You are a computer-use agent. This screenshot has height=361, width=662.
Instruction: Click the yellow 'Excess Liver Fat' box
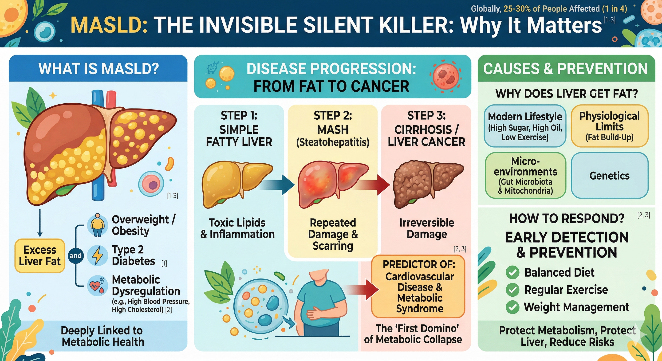(x=40, y=255)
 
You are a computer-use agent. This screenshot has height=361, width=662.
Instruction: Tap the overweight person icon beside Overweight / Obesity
(x=97, y=225)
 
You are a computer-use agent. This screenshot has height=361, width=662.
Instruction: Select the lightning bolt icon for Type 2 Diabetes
(x=97, y=255)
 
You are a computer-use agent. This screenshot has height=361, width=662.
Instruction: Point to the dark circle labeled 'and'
(x=75, y=256)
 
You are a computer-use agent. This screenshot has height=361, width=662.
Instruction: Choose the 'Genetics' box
(x=609, y=176)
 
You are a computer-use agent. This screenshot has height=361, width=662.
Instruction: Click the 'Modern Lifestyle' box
(x=525, y=126)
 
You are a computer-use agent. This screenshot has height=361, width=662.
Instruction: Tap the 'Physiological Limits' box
(x=609, y=126)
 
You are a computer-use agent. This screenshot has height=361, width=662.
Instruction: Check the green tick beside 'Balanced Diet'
(x=512, y=272)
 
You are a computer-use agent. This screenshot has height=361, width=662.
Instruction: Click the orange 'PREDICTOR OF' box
(x=418, y=286)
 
